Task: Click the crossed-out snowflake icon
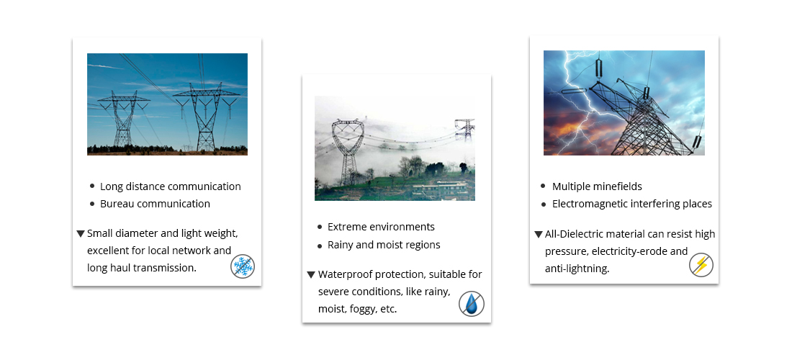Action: click(243, 266)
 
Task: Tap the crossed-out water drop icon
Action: click(472, 304)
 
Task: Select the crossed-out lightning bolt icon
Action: click(701, 265)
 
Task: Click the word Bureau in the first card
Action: click(117, 204)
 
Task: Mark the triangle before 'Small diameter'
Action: click(81, 234)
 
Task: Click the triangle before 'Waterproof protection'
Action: click(311, 274)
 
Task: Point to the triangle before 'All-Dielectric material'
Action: click(539, 234)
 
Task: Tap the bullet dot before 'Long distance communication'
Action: click(92, 186)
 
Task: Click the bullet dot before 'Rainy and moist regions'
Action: click(320, 246)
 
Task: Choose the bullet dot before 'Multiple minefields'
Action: click(543, 186)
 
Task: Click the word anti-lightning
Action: click(576, 269)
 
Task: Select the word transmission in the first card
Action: click(164, 268)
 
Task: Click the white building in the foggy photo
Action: click(439, 190)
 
